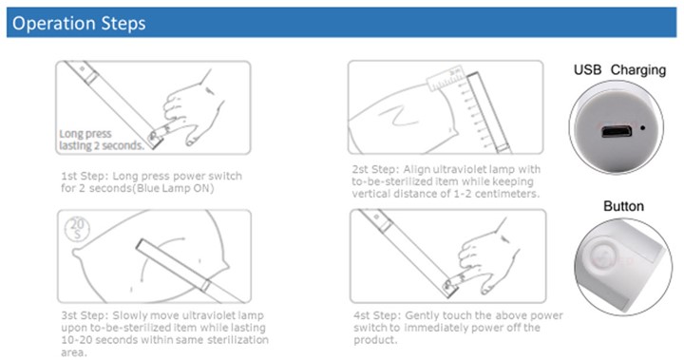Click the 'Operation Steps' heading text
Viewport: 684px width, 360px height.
point(79,23)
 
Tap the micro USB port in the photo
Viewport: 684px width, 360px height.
point(617,131)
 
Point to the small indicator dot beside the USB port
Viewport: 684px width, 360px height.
point(642,128)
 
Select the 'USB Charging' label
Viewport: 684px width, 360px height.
point(619,70)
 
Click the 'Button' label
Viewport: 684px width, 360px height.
point(623,206)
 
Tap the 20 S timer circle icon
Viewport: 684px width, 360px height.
point(77,229)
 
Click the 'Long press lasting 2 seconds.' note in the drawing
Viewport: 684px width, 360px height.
point(102,140)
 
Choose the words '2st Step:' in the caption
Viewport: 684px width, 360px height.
point(375,169)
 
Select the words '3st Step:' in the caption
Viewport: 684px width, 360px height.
point(85,315)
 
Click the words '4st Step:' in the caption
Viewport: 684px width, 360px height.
point(377,315)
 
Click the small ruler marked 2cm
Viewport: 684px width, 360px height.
point(446,79)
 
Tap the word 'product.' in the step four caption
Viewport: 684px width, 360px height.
point(375,340)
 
